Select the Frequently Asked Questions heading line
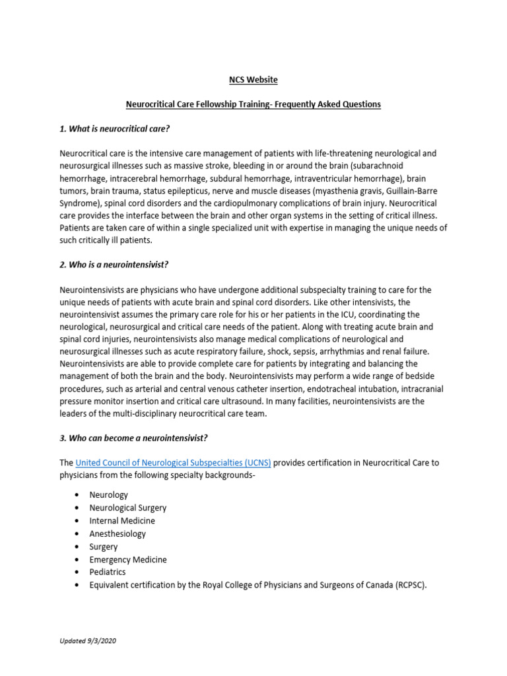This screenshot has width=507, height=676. tap(253, 104)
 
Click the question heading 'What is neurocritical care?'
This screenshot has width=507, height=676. tap(119, 128)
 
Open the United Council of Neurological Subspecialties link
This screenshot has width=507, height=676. tap(173, 463)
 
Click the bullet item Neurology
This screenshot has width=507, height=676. tap(109, 494)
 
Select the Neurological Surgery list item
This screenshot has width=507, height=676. tap(128, 508)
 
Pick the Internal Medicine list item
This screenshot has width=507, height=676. tap(122, 521)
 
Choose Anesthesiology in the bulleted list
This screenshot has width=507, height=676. tap(118, 533)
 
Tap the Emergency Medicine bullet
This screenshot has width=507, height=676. tap(128, 559)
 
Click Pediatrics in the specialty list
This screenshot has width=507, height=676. tap(108, 572)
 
